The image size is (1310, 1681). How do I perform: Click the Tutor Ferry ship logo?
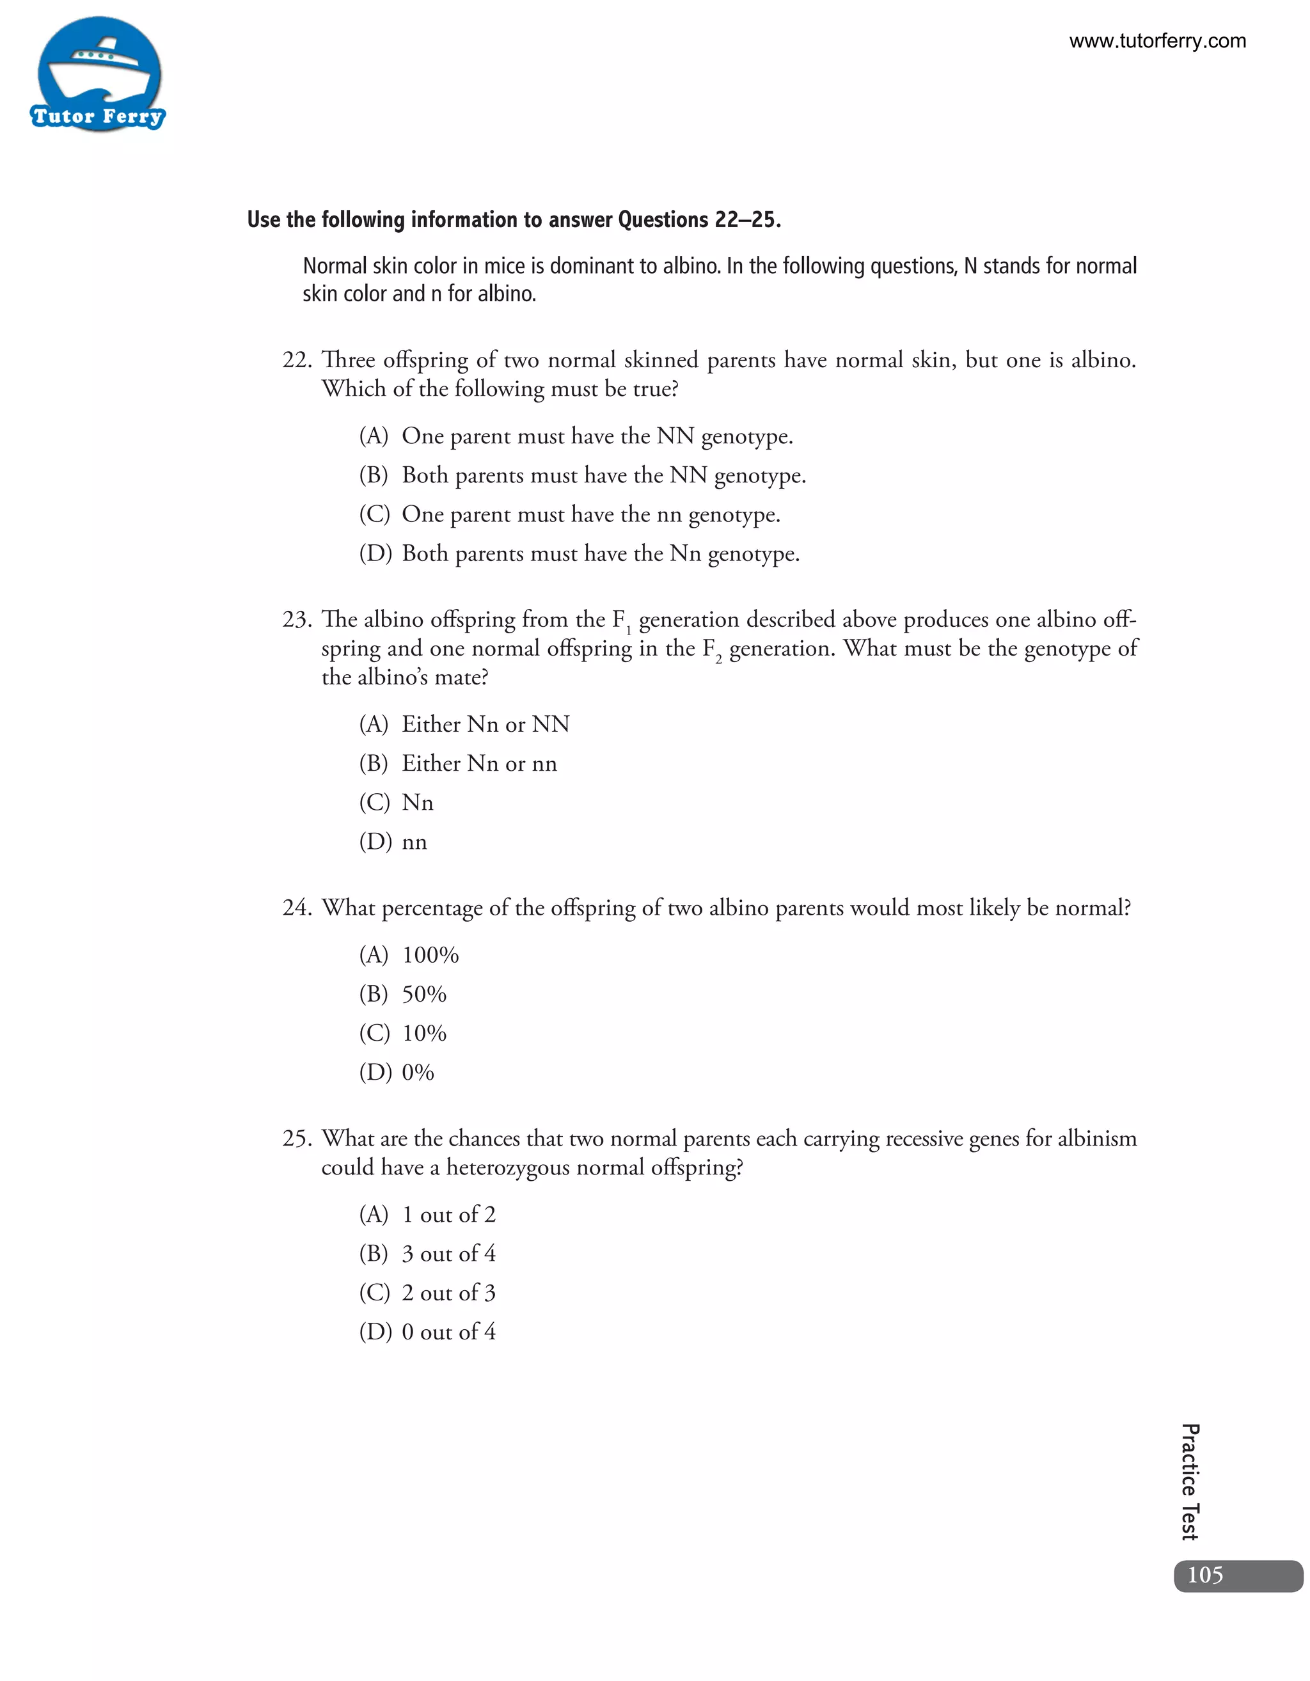click(x=99, y=75)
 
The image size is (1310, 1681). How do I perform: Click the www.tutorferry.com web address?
click(x=1157, y=41)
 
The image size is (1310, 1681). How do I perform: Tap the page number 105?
click(x=1204, y=1575)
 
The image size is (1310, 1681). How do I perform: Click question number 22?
click(x=296, y=360)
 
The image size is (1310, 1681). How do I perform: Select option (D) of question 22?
click(x=579, y=553)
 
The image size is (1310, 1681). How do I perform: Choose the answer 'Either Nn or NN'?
click(x=485, y=724)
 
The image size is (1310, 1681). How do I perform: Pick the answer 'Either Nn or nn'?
click(x=478, y=764)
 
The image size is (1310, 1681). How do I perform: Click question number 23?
click(x=296, y=620)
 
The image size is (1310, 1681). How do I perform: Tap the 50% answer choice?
click(x=423, y=995)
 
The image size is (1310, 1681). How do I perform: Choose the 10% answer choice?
click(x=423, y=1034)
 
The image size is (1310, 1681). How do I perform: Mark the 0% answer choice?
click(x=417, y=1073)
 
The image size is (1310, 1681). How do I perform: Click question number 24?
click(x=296, y=908)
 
